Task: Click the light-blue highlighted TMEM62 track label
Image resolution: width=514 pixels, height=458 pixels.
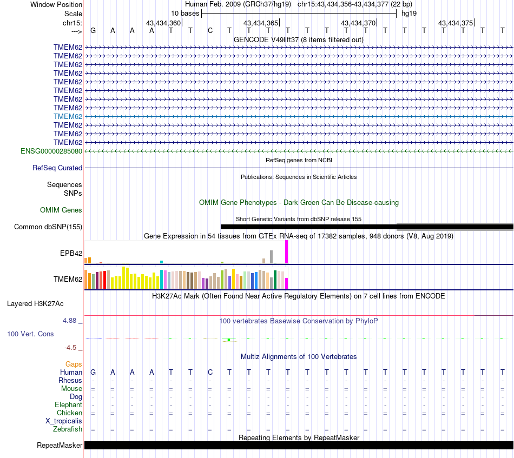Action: [x=68, y=117]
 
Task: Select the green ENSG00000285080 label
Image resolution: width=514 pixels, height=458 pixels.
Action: [x=51, y=151]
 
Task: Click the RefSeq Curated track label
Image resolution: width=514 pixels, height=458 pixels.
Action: [x=57, y=168]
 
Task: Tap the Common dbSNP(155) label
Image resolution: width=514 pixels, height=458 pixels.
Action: [x=48, y=227]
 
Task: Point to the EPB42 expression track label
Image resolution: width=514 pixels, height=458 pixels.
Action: [x=71, y=253]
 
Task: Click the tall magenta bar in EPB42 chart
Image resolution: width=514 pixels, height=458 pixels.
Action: [x=287, y=252]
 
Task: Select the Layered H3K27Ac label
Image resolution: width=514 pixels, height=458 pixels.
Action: [x=35, y=304]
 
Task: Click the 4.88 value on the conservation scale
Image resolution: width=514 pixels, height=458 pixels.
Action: [x=69, y=321]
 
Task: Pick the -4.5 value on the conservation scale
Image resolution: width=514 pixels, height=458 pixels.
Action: [x=70, y=348]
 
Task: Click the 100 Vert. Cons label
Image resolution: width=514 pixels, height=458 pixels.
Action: [x=30, y=334]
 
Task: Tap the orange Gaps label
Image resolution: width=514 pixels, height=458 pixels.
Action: [x=74, y=364]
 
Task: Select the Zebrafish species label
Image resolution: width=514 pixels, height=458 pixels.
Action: [x=68, y=429]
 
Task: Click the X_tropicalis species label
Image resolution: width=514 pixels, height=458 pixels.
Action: [x=64, y=421]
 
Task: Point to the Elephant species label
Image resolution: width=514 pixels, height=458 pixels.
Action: [x=69, y=405]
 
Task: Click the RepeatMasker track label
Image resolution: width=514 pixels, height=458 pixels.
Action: [x=60, y=445]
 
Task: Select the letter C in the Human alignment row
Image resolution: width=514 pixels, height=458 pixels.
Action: [x=210, y=373]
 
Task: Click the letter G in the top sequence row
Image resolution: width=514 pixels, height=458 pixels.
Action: [x=93, y=31]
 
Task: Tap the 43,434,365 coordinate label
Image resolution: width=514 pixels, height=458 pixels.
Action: [x=261, y=23]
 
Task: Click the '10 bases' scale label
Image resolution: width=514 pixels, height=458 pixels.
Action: [x=185, y=14]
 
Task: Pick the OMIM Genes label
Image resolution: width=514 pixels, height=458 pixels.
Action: [x=61, y=210]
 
